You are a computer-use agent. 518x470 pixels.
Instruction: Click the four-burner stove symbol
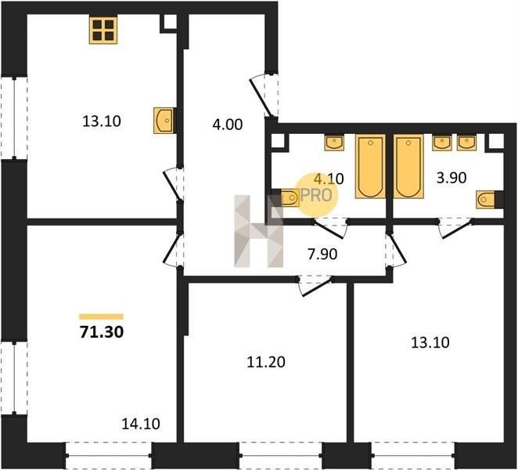pos(103,30)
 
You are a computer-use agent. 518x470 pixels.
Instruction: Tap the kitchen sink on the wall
pos(164,121)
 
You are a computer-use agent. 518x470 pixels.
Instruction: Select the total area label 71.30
pos(102,332)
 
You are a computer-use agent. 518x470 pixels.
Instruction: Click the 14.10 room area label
pos(141,424)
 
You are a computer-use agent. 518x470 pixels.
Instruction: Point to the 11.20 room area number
pos(266,362)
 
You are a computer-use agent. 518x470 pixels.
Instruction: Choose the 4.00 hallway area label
pos(227,125)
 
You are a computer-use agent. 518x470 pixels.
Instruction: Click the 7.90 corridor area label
pos(322,255)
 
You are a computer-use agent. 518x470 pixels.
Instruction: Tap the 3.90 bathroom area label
pos(451,178)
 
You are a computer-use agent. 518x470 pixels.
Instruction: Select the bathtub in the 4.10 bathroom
pos(370,166)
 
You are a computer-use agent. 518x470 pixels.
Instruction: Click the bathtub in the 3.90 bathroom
pos(408,166)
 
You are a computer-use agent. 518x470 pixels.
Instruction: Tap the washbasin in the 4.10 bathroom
pos(334,143)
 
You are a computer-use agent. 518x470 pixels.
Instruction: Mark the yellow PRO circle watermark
pos(316,195)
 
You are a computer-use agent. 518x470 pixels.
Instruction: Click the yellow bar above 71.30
pos(101,316)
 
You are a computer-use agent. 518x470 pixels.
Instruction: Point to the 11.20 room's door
pos(315,287)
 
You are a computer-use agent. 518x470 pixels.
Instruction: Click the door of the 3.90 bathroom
pos(455,228)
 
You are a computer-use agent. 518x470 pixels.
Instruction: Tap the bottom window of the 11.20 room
pos(280,456)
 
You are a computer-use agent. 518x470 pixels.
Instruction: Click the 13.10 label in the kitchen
pos(102,121)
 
